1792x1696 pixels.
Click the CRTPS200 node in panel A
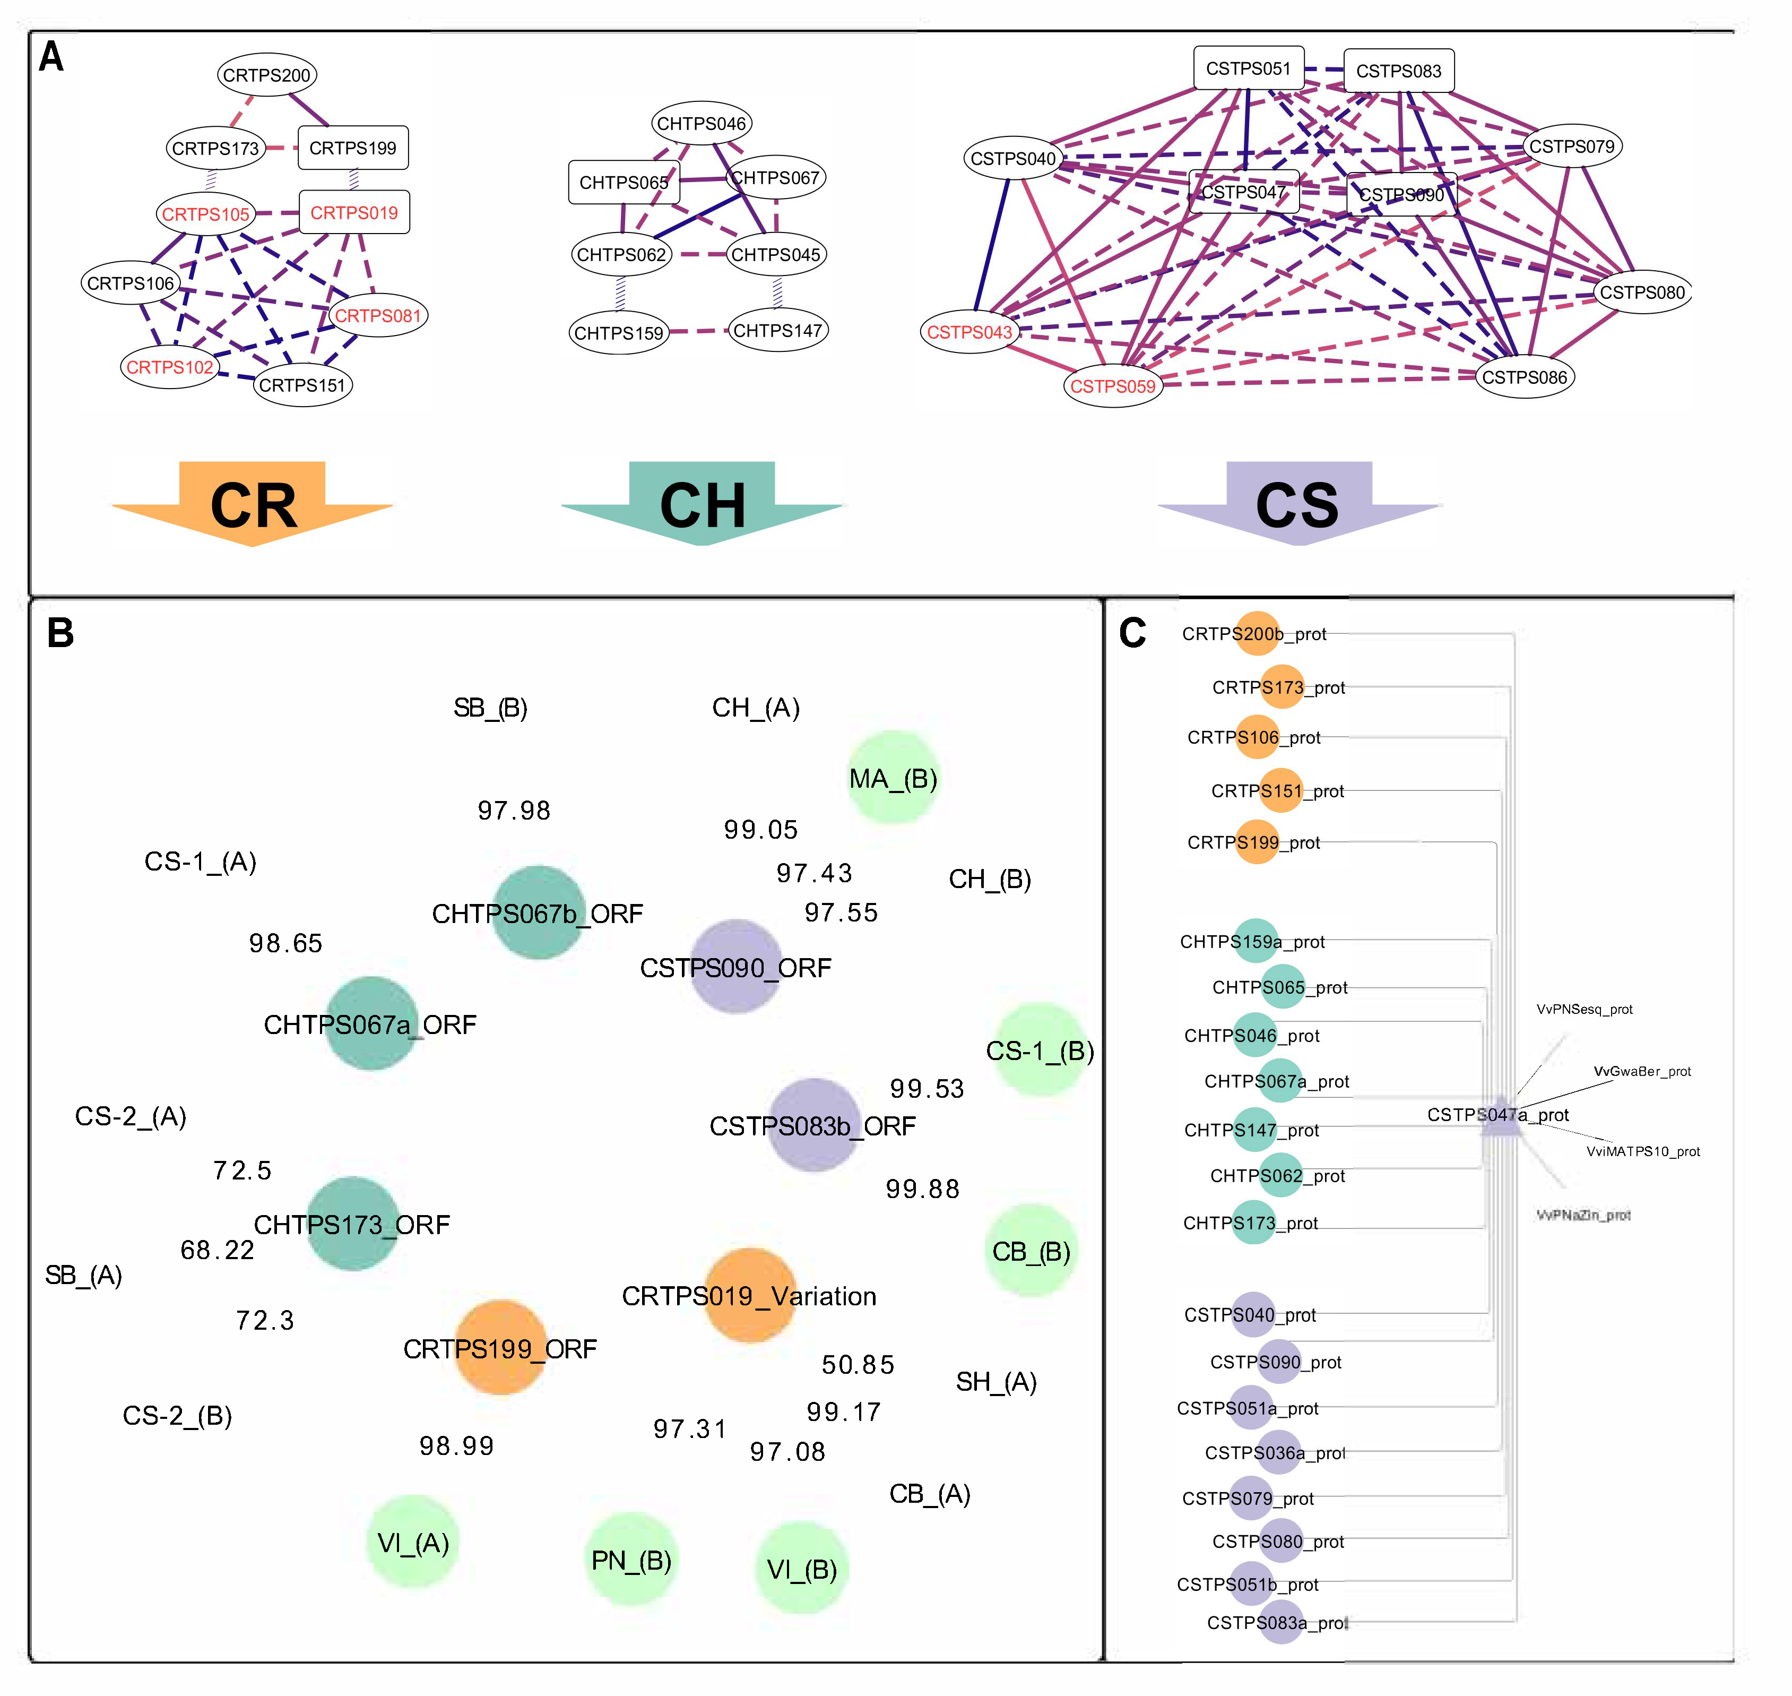pyautogui.click(x=266, y=75)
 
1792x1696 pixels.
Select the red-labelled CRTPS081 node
pyautogui.click(x=378, y=315)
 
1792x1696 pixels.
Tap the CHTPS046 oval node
pyautogui.click(x=702, y=124)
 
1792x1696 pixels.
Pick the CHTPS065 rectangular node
pyautogui.click(x=624, y=183)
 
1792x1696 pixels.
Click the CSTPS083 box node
pyautogui.click(x=1398, y=71)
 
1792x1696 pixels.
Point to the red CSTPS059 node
pyautogui.click(x=1112, y=386)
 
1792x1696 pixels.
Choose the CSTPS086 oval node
pyautogui.click(x=1525, y=377)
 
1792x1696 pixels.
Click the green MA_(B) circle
pyautogui.click(x=894, y=778)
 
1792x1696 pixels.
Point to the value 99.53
pyautogui.click(x=927, y=1089)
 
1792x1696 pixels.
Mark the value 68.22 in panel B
pyautogui.click(x=217, y=1250)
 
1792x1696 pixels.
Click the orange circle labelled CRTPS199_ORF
pyautogui.click(x=500, y=1347)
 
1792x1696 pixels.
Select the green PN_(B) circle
pyautogui.click(x=631, y=1560)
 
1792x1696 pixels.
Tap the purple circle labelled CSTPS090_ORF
pyautogui.click(x=735, y=967)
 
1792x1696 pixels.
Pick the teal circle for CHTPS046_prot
pyautogui.click(x=1253, y=1035)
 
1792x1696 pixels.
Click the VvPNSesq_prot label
pyautogui.click(x=1584, y=1009)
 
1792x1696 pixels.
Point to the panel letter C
pyautogui.click(x=1132, y=633)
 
